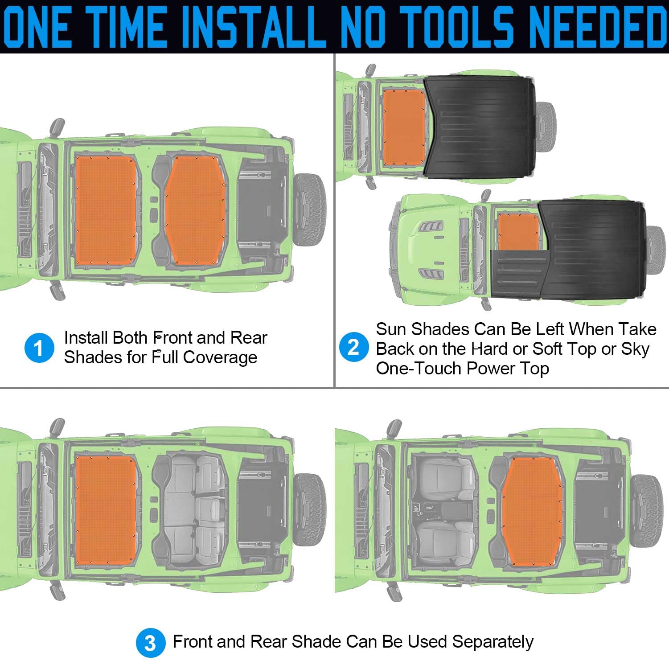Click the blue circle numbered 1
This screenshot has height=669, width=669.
click(x=39, y=348)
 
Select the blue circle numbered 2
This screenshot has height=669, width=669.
click(x=353, y=347)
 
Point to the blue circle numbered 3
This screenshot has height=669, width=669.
click(x=151, y=643)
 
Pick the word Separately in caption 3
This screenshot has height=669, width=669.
click(x=493, y=642)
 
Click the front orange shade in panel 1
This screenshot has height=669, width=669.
click(x=106, y=209)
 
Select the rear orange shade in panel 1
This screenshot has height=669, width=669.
click(x=196, y=209)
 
